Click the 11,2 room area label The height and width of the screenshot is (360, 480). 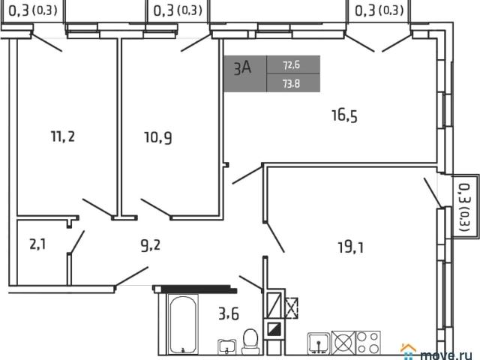tap(63, 136)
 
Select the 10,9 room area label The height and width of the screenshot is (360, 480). tap(158, 137)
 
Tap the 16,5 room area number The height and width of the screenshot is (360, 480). tap(344, 115)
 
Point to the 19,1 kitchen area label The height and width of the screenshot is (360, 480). tap(351, 247)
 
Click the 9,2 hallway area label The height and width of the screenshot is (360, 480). tap(150, 245)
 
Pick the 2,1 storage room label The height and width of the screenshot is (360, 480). tap(37, 244)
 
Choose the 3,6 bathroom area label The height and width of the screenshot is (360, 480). tap(229, 313)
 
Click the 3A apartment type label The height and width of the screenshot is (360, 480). tap(242, 67)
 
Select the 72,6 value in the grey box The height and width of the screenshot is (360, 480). tap(292, 65)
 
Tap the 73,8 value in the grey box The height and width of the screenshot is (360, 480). tap(292, 83)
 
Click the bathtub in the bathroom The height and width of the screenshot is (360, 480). tap(183, 325)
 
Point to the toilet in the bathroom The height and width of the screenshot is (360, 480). tap(250, 341)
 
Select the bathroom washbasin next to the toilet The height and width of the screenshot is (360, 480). tap(226, 346)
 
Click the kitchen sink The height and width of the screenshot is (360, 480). tap(319, 343)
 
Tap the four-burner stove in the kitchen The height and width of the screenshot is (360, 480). tap(368, 343)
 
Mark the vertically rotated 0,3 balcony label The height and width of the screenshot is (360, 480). tap(465, 207)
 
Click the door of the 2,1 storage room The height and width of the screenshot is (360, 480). tap(76, 241)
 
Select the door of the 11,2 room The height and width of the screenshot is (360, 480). tap(97, 208)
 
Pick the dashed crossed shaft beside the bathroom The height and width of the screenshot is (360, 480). tap(292, 308)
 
